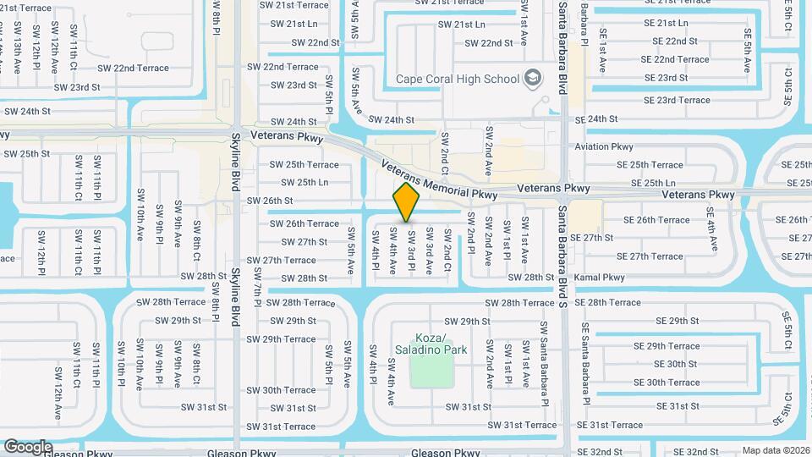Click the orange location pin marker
click(407, 202)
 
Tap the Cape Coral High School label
click(458, 80)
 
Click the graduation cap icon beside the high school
click(533, 79)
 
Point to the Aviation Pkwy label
click(604, 146)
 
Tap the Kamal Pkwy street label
click(599, 278)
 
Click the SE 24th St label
click(603, 119)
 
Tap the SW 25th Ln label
click(304, 182)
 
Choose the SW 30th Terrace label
click(281, 390)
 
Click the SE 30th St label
click(675, 364)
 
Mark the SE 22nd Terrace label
click(674, 59)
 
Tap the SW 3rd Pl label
click(411, 250)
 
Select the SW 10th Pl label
click(121, 364)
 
